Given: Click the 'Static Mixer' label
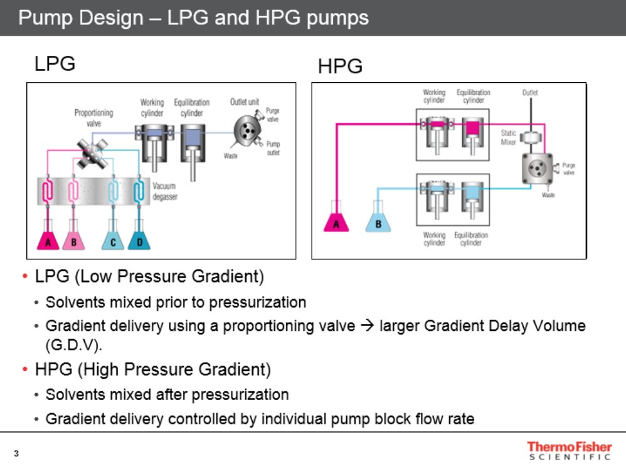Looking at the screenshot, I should coord(508,137).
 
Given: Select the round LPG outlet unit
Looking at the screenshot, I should coord(247,129).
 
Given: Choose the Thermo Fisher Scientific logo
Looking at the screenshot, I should coord(568,451).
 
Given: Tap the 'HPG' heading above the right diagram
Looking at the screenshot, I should coord(340,66).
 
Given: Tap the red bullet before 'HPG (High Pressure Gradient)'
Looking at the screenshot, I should coord(24,370).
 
